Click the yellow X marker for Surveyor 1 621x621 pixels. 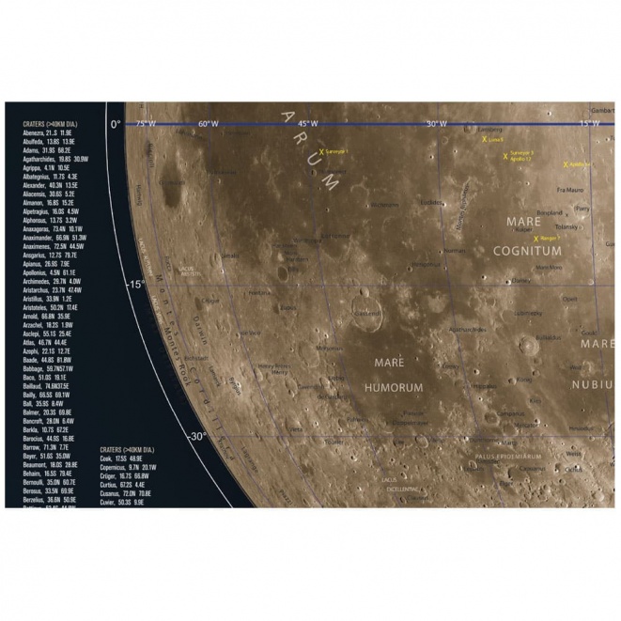click(321, 151)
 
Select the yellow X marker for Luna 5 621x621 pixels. click(485, 139)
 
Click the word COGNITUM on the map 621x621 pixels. click(527, 251)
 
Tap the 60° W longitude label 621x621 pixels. click(208, 124)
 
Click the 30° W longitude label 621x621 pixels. click(437, 124)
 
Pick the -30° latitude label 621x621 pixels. click(194, 436)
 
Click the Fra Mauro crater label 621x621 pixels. click(570, 190)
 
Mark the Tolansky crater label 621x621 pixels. click(567, 226)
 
